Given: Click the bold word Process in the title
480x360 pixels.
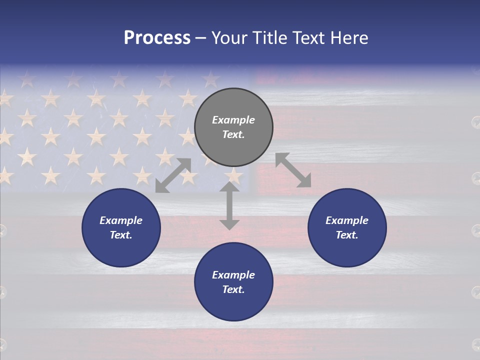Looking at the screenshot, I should [157, 38].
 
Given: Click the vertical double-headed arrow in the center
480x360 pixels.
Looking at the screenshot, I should [229, 205].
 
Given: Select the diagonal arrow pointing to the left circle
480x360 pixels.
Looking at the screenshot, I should [173, 175].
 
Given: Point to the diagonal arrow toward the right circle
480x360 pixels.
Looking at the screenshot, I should [293, 170].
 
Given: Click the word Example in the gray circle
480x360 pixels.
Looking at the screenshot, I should [233, 120].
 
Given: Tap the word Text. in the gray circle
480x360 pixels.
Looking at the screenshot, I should [233, 134].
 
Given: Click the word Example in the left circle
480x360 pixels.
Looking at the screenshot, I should [121, 220].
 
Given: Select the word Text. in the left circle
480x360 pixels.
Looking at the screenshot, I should [121, 235].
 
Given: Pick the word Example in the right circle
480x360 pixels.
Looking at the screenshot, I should [347, 220].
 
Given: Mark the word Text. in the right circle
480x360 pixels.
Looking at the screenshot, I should [347, 235].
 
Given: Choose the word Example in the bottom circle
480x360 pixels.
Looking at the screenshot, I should [233, 275].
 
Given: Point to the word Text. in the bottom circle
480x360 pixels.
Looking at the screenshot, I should [233, 289].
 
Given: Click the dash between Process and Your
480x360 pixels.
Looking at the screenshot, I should [201, 38].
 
